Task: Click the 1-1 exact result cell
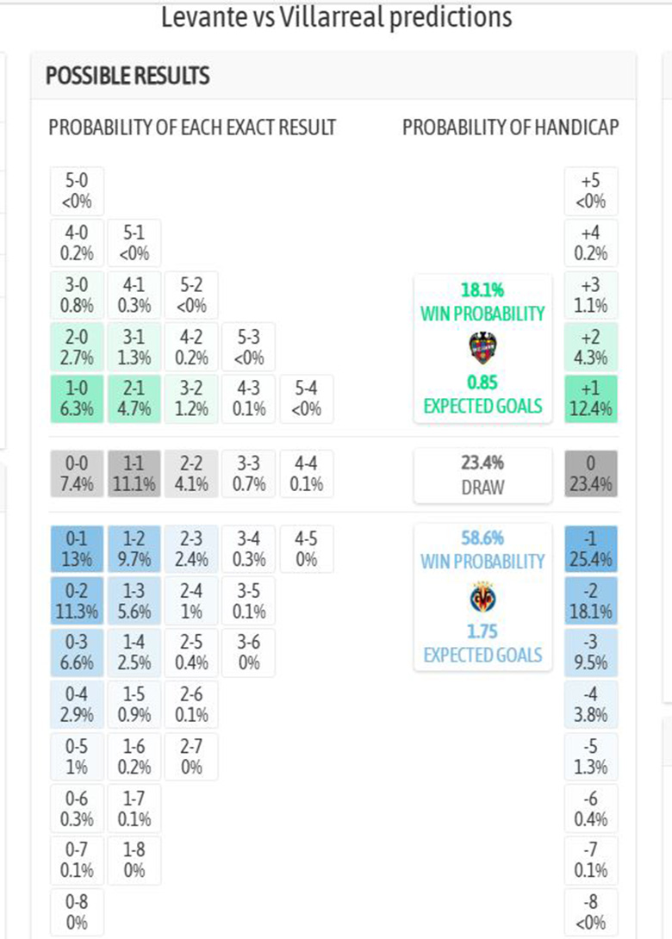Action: [134, 474]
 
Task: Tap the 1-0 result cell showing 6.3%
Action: [77, 398]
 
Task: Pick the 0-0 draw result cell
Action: [77, 474]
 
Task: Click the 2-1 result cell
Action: [134, 398]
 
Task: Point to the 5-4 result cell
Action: [307, 398]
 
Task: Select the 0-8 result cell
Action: [77, 911]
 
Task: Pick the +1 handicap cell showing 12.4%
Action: [591, 398]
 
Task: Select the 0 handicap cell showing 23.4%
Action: [591, 474]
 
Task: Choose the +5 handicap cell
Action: [591, 191]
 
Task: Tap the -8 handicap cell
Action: [591, 911]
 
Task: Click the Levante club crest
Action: [482, 347]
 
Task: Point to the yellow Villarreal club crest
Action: [482, 597]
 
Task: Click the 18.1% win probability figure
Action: [482, 290]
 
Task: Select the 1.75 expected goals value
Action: [482, 631]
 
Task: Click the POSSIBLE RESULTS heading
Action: [128, 76]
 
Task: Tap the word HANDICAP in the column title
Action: [577, 127]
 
